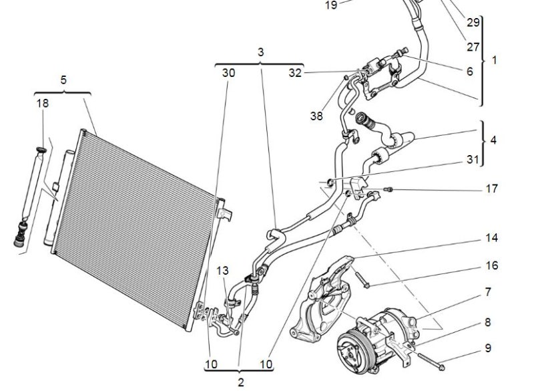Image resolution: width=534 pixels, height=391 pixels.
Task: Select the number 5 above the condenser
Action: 63,80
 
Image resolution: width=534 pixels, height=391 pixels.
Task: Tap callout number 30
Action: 228,74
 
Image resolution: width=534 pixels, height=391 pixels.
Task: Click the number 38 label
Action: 316,116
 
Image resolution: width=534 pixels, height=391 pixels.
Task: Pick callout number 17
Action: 491,189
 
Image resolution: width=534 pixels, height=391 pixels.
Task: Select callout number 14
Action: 491,238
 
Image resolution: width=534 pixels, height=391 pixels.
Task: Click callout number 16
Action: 491,265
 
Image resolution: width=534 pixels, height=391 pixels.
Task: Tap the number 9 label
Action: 488,348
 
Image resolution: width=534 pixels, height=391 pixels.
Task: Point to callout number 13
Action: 222,271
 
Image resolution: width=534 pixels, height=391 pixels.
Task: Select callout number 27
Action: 473,47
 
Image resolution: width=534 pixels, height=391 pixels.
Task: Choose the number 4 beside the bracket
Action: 493,140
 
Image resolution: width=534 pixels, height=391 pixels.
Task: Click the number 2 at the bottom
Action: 241,382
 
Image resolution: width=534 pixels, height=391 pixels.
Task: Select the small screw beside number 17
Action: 390,190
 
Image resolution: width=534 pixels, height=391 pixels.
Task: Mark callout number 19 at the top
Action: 331,5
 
